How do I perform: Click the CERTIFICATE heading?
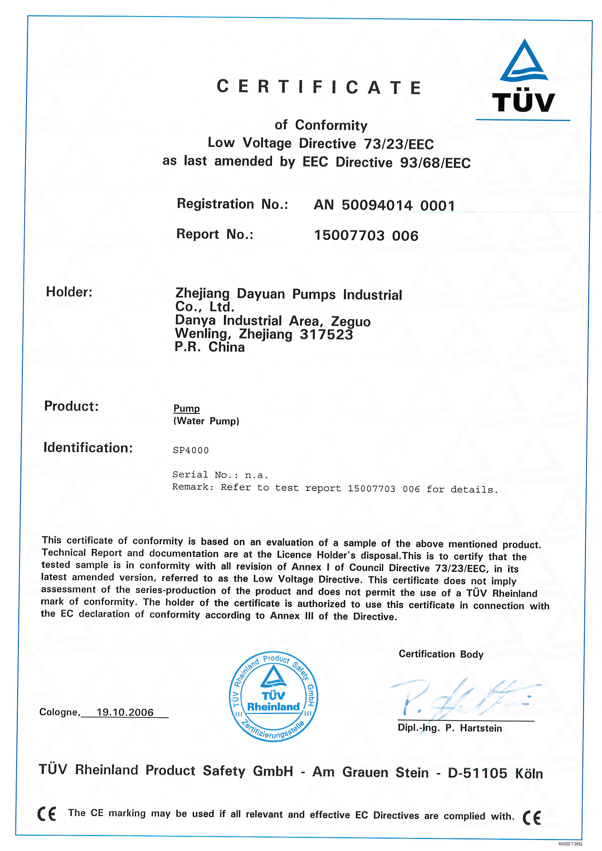[x=319, y=87]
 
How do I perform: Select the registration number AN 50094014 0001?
[x=384, y=205]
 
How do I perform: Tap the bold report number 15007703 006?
[x=366, y=235]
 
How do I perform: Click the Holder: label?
[x=69, y=292]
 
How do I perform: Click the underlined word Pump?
[x=186, y=408]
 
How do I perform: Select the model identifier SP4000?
[x=191, y=450]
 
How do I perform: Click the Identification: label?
[x=88, y=447]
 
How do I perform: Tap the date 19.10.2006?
[x=125, y=712]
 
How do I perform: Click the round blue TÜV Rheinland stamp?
[x=274, y=696]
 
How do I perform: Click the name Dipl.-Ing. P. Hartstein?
[x=449, y=728]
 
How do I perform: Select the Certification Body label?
[x=441, y=654]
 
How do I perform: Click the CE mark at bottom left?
[x=47, y=814]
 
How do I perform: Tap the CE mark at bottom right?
[x=531, y=817]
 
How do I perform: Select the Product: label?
[x=71, y=406]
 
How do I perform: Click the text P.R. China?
[x=209, y=347]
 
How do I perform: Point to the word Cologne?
[x=59, y=712]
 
